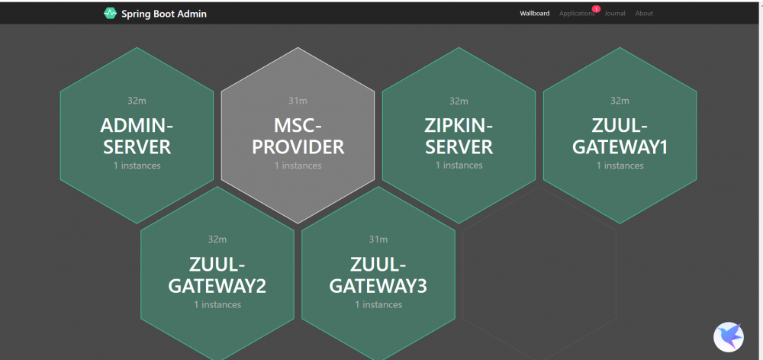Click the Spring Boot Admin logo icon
click(x=111, y=13)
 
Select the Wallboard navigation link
click(x=534, y=14)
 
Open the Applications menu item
click(x=577, y=14)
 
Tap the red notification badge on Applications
click(x=596, y=8)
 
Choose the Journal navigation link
click(x=615, y=14)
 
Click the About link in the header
click(x=644, y=14)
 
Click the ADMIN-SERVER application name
click(x=137, y=137)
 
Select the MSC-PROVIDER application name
click(x=298, y=137)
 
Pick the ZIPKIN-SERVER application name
click(x=459, y=137)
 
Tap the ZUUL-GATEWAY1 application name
click(x=620, y=137)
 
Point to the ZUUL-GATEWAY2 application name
click(x=217, y=275)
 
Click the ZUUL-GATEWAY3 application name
click(x=378, y=275)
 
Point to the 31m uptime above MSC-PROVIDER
click(x=298, y=101)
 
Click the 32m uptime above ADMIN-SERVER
click(x=137, y=101)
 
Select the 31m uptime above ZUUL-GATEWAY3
click(x=378, y=239)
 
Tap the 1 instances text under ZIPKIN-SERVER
click(x=459, y=166)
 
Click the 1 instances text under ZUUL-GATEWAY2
click(x=217, y=304)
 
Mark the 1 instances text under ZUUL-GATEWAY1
click(x=620, y=166)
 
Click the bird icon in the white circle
click(x=729, y=336)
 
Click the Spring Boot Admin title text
click(x=164, y=14)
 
